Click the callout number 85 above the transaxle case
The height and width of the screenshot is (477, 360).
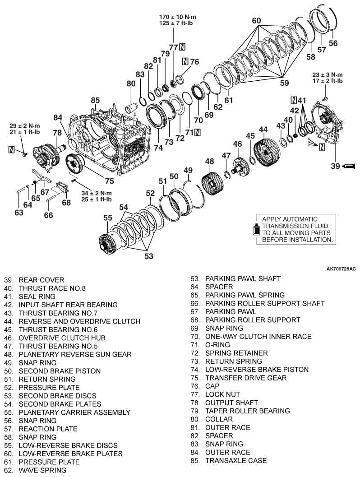pos(95,100)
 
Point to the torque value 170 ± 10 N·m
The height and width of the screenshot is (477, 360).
pos(178,17)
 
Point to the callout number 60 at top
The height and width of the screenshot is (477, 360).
pos(256,21)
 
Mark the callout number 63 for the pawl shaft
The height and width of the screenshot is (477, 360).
pos(18,213)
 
